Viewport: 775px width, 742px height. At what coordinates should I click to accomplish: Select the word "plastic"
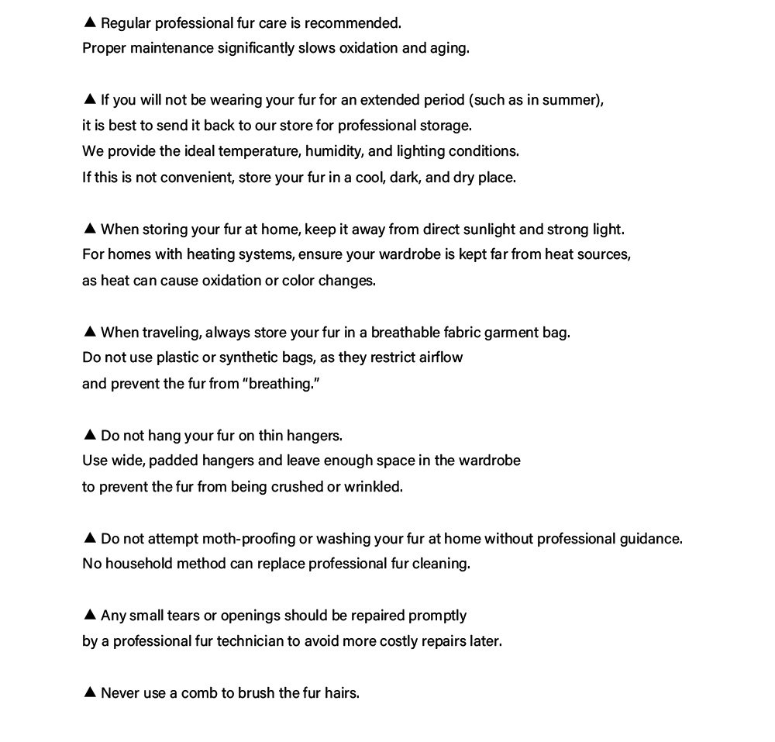coord(177,357)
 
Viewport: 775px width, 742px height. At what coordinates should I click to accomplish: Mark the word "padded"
coord(172,461)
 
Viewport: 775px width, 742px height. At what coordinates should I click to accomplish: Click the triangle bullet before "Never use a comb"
coord(89,692)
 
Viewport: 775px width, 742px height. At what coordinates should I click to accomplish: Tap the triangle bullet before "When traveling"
coord(89,331)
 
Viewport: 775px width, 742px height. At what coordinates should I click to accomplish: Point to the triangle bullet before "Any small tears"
coord(89,614)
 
